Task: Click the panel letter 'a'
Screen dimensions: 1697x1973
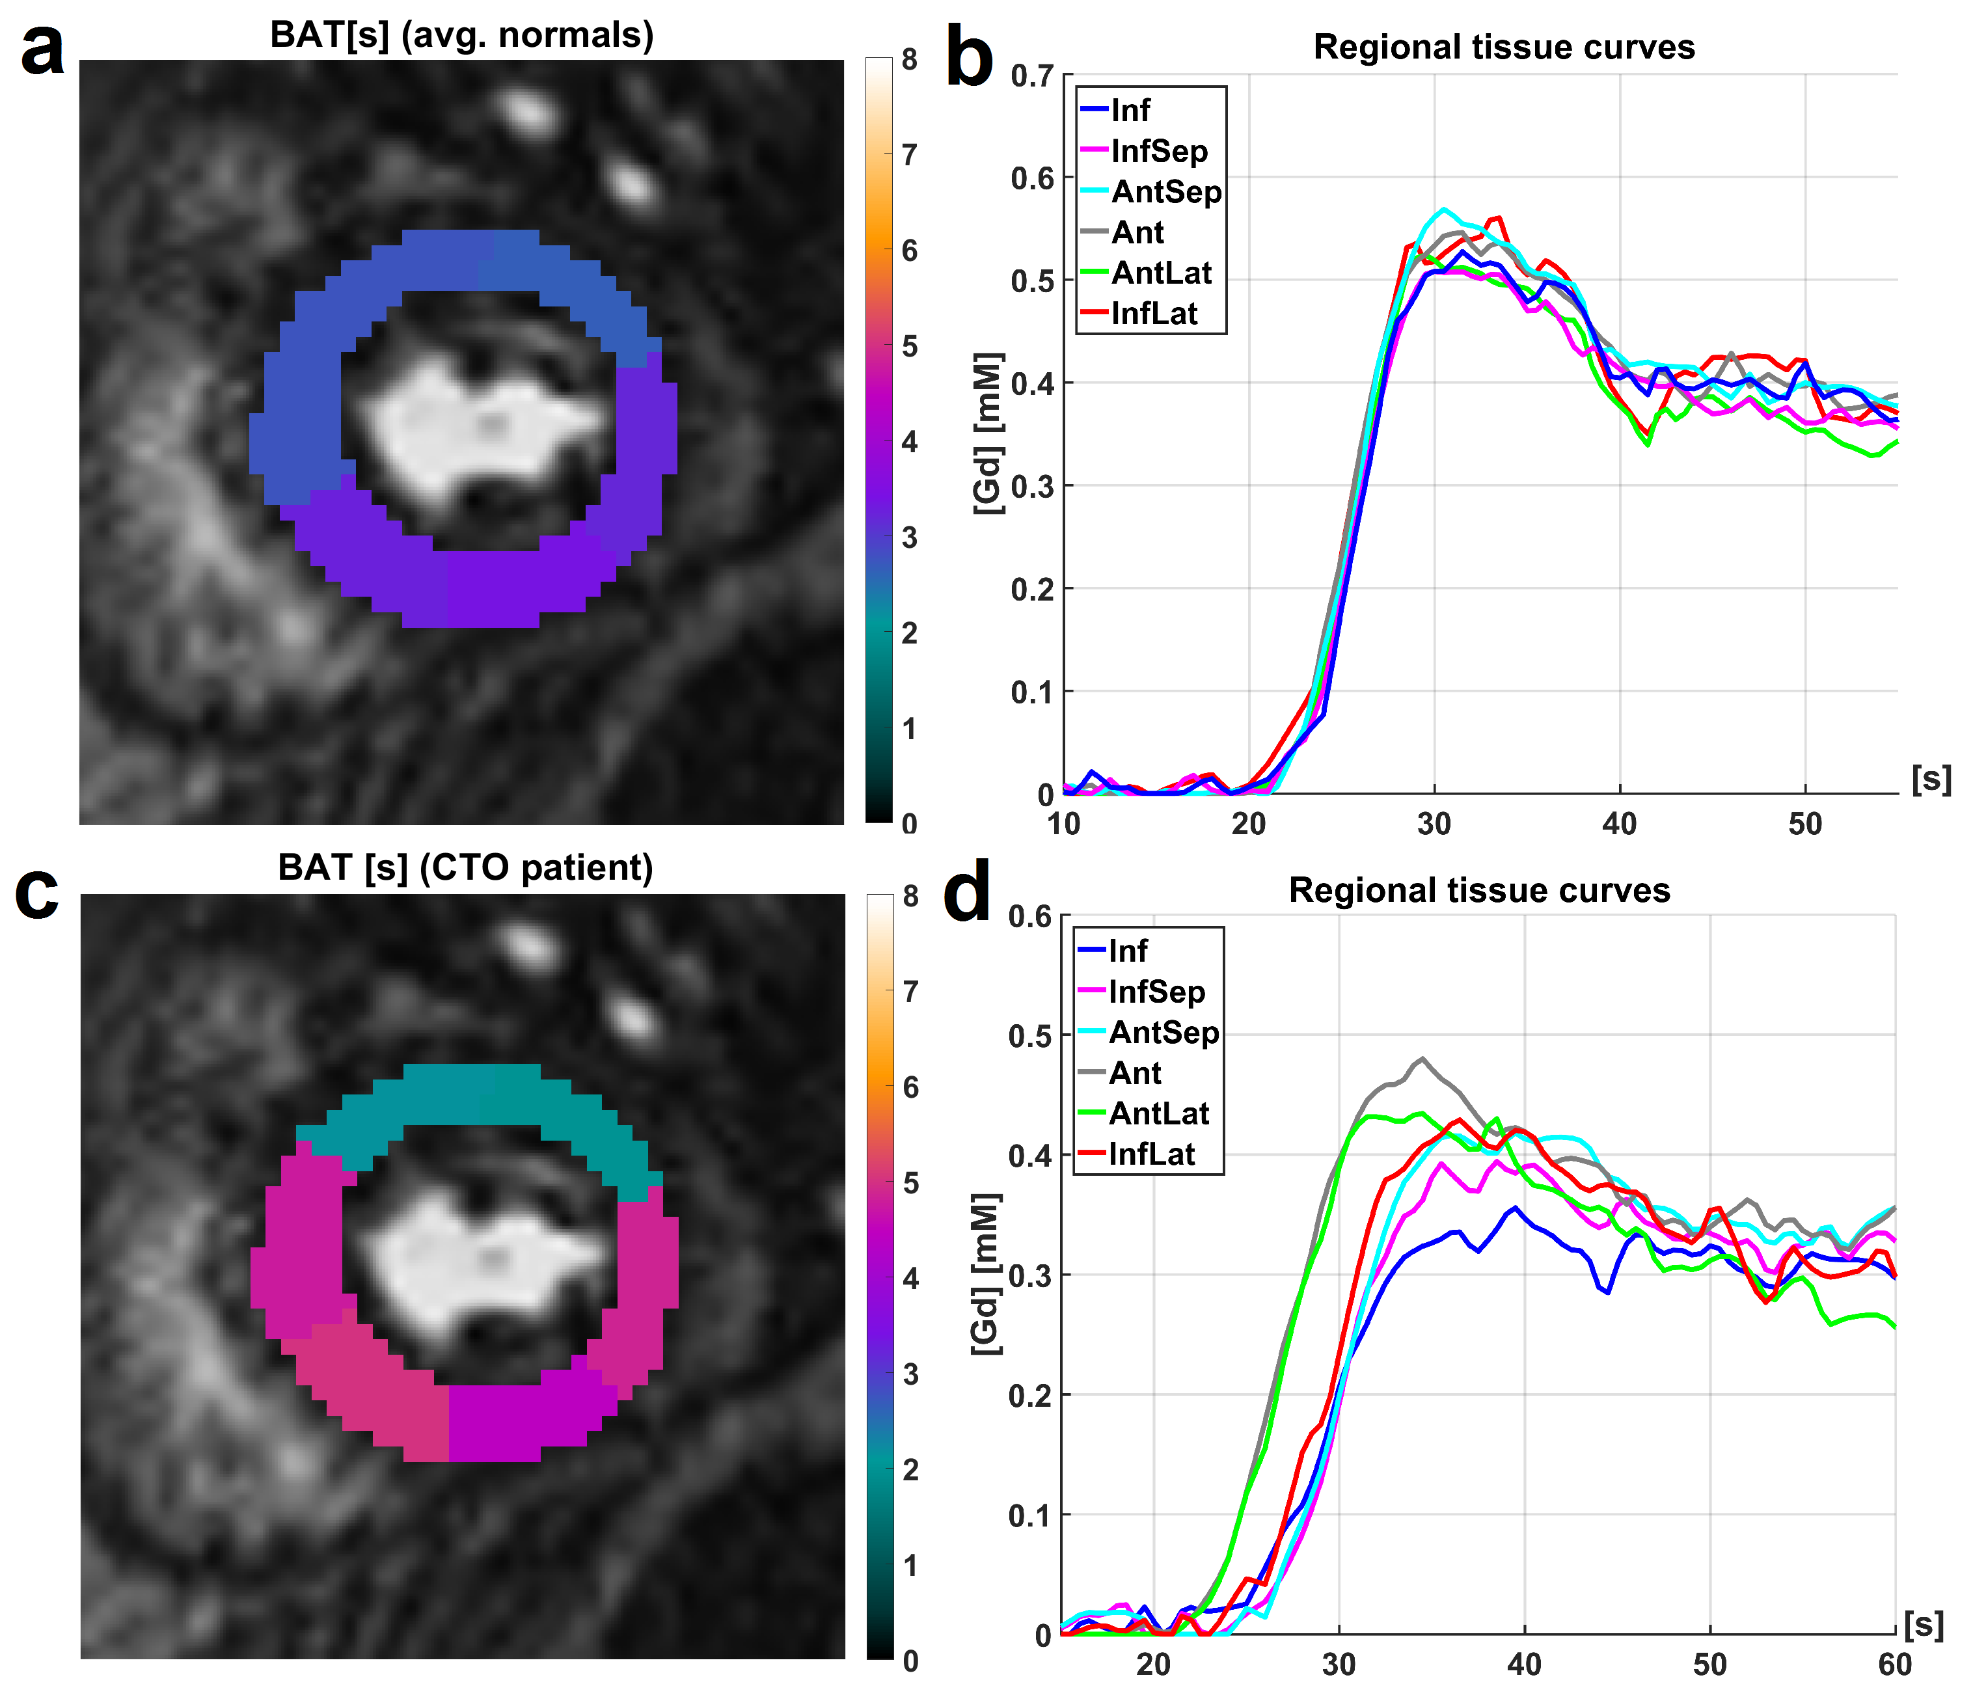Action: tap(42, 49)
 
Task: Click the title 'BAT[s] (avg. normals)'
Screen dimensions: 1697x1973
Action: tap(462, 34)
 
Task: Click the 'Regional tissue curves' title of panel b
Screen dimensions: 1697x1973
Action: tap(1504, 47)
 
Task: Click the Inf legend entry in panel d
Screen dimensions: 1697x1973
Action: tap(1128, 951)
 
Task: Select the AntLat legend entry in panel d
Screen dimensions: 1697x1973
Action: tap(1158, 1113)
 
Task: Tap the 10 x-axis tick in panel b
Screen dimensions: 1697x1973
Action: tap(1064, 824)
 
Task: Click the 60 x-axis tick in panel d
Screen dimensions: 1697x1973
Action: tap(1895, 1664)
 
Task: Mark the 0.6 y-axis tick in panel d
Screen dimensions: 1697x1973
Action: tap(1029, 916)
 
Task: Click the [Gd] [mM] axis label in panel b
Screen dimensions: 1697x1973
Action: tap(988, 433)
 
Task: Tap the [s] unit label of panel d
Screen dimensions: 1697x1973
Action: tap(1924, 1625)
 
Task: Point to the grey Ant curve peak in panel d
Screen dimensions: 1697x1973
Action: tap(1422, 1058)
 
